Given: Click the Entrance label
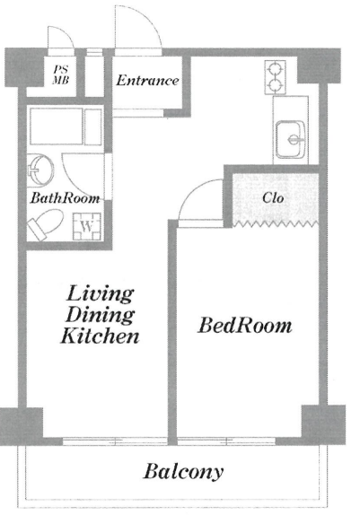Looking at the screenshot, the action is [x=147, y=81].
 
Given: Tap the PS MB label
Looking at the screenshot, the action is [x=61, y=74].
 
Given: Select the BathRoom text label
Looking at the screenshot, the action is [x=66, y=198].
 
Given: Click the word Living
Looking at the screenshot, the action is [x=100, y=294].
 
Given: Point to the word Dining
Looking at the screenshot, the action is [x=101, y=315].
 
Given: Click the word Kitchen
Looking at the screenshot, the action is [x=100, y=336].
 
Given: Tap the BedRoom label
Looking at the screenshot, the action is [x=245, y=326].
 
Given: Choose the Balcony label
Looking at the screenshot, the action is [x=184, y=472].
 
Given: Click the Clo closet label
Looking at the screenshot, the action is [x=273, y=197].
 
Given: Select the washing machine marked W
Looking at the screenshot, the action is [x=87, y=226].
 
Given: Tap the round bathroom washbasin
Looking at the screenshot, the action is [x=40, y=170].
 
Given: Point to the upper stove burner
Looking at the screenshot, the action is [x=275, y=69].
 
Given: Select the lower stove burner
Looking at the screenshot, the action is [x=275, y=85].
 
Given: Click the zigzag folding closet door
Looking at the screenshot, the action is [x=276, y=224].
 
